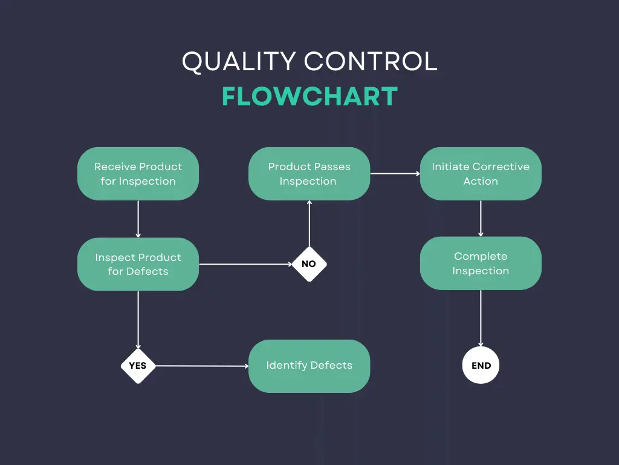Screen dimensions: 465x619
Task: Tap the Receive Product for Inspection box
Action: coord(138,174)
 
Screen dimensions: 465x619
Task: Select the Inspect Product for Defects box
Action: coord(138,264)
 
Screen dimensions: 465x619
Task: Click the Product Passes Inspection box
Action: coord(309,174)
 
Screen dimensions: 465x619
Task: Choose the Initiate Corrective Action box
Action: coord(481,174)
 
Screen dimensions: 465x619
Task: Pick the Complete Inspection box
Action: coord(481,263)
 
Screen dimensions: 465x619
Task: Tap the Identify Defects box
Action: coord(309,366)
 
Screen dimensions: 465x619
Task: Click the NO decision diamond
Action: coord(309,264)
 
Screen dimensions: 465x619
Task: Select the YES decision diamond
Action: coord(138,366)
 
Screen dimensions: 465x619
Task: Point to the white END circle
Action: coord(481,366)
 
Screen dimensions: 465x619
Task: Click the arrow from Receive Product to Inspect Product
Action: coord(138,219)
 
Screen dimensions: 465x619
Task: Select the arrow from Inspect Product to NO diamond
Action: coord(245,264)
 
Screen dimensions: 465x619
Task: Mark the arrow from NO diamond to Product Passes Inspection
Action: coord(309,224)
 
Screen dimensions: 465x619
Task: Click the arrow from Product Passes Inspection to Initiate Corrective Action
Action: coord(395,174)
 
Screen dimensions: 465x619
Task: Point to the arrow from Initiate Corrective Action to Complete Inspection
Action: coord(481,218)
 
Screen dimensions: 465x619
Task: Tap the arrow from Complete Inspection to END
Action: coord(481,318)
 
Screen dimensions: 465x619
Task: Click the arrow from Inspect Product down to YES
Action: coord(138,319)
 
